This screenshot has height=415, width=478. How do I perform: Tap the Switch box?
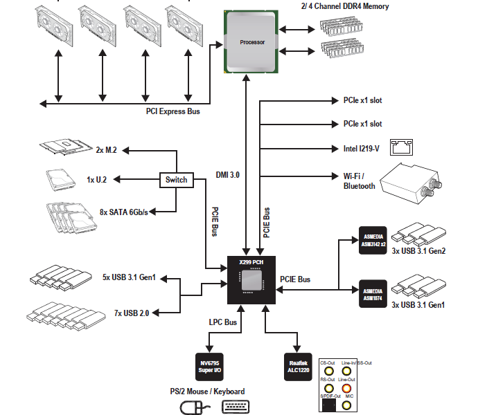pyautogui.click(x=176, y=180)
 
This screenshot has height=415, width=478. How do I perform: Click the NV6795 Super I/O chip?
pyautogui.click(x=209, y=365)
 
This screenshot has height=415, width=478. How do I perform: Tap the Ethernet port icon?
pyautogui.click(x=401, y=147)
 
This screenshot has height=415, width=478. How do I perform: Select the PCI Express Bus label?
pyautogui.click(x=172, y=111)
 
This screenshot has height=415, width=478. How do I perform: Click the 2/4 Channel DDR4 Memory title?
pyautogui.click(x=345, y=6)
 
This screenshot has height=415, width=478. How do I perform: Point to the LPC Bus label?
pyautogui.click(x=223, y=322)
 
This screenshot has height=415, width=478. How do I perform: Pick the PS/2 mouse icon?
pyautogui.click(x=193, y=407)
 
